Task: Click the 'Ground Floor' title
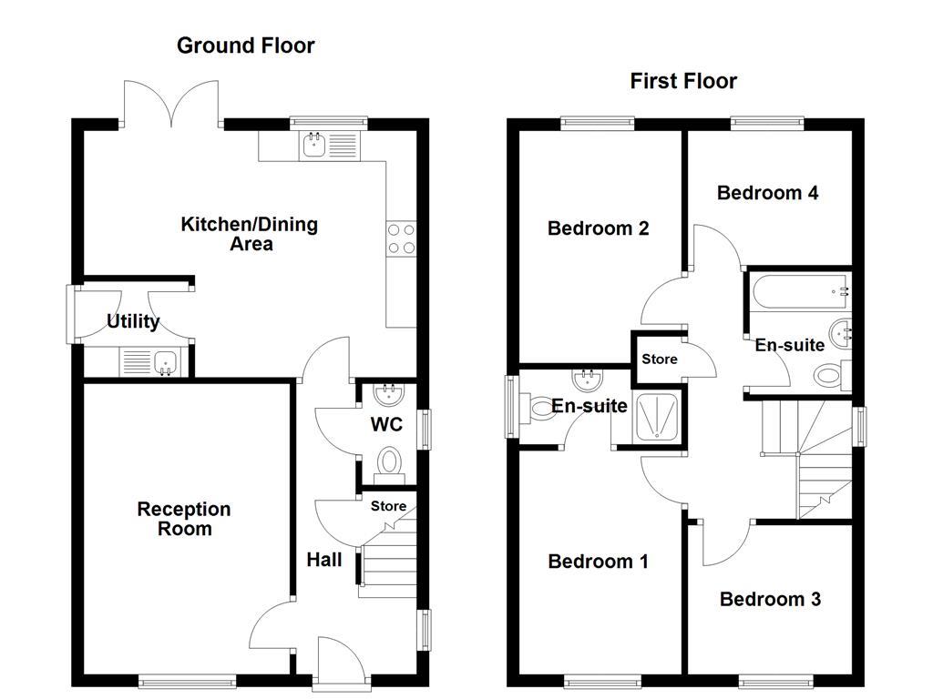pos(246,46)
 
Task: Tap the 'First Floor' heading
pos(683,81)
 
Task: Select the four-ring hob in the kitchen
pos(402,238)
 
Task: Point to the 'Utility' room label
pos(133,321)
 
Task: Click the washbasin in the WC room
pos(390,393)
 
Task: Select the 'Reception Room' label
pos(184,519)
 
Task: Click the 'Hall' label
pos(324,559)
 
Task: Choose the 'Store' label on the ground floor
pos(388,506)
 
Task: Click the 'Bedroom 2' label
pos(598,228)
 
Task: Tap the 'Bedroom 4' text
pos(767,193)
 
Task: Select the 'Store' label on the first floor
pos(660,359)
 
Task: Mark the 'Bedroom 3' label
pos(770,599)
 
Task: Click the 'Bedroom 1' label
pos(598,562)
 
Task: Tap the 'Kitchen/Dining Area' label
pos(250,234)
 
